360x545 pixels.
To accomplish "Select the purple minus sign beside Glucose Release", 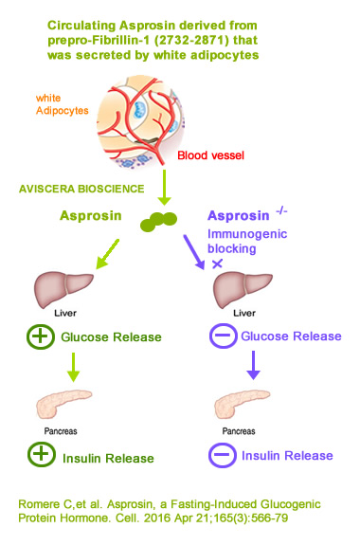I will coord(222,336).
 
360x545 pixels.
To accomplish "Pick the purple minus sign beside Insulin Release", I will coord(222,455).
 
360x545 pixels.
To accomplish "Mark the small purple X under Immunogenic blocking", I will coord(218,262).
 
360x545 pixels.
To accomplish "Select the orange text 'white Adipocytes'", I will coord(61,104).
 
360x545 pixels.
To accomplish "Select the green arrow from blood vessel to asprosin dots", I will coord(166,185).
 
